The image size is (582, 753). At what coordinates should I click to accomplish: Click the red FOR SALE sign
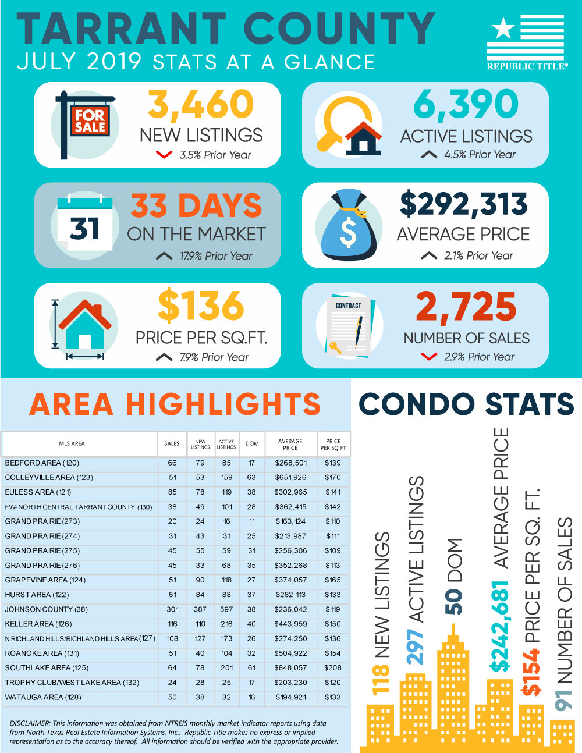[90, 121]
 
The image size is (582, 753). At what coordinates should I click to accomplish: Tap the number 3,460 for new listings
[201, 105]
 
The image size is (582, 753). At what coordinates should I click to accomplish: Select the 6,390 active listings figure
[466, 105]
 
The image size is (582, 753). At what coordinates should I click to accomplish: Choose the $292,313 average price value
[464, 205]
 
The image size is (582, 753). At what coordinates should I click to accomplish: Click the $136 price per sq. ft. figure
[201, 306]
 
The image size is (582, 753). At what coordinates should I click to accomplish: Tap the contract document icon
[348, 326]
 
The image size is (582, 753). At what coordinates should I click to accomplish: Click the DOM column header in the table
[252, 444]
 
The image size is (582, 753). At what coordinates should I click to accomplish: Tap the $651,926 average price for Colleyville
[290, 478]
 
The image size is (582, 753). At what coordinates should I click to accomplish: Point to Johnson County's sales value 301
[172, 609]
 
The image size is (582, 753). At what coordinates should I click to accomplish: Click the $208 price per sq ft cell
[333, 668]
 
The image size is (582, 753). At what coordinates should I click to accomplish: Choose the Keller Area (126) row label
[38, 624]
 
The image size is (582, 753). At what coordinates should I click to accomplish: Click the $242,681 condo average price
[500, 626]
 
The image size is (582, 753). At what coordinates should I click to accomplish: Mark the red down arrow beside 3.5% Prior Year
[164, 155]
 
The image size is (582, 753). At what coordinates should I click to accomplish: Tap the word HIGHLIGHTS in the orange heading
[223, 404]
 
